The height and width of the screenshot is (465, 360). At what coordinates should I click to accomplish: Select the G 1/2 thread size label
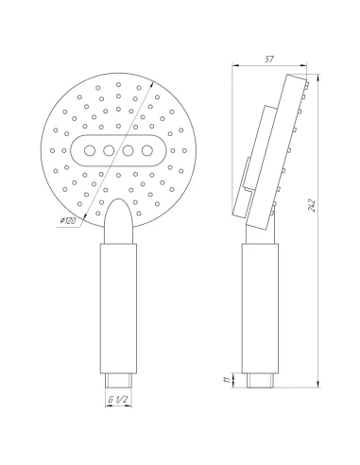point(117,401)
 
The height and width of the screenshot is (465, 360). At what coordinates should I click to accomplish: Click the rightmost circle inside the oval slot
point(146,150)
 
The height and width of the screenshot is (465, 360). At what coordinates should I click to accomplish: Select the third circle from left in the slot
point(129,150)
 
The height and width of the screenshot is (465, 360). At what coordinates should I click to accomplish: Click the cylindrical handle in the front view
point(117,302)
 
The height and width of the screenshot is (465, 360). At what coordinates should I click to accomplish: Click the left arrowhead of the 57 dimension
point(236,65)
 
